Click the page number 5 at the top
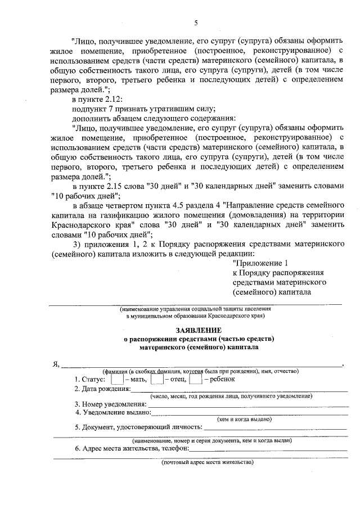[196, 23]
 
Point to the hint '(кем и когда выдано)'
[244, 419]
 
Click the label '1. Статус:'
[90, 380]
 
